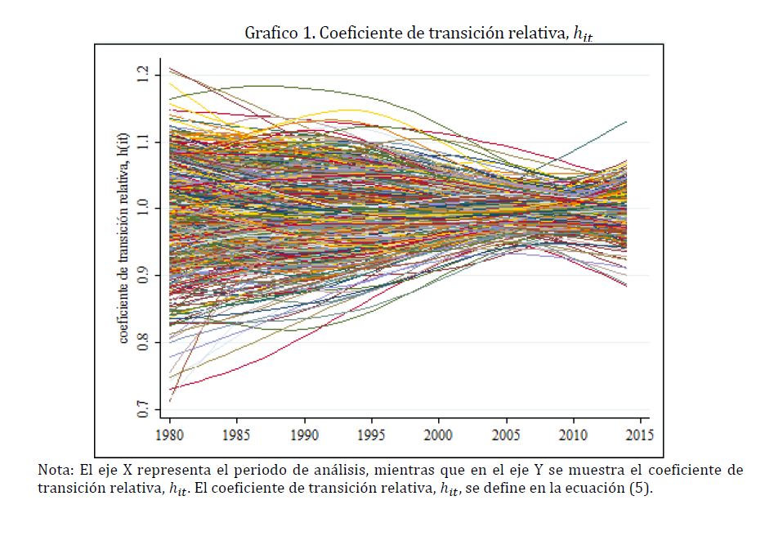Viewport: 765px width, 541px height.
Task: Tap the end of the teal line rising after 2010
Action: point(626,121)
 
